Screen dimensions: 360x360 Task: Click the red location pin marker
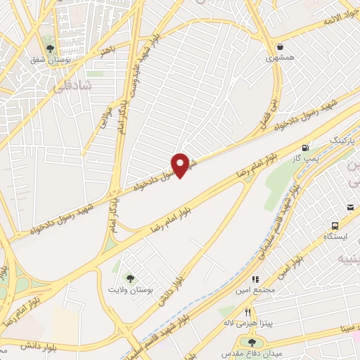181,165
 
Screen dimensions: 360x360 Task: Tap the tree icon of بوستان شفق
50,49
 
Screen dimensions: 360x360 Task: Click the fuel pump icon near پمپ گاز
305,148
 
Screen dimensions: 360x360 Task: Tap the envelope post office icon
350,207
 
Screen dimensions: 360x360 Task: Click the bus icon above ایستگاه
335,226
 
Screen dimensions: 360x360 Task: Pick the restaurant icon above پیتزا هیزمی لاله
247,311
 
